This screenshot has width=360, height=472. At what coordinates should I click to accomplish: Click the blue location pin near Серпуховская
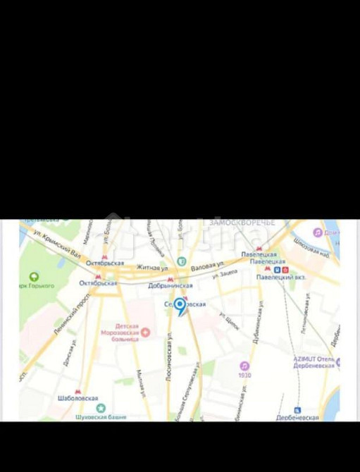click(180, 306)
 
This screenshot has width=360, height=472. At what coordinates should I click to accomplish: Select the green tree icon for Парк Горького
click(33, 278)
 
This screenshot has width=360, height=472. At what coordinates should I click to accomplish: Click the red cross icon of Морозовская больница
click(146, 332)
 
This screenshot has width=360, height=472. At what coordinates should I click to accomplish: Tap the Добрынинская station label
click(170, 286)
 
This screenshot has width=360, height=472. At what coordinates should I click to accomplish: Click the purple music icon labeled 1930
click(244, 366)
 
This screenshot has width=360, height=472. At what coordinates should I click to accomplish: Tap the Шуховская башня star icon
click(100, 408)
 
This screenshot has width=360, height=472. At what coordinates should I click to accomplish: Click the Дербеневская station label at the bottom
click(298, 418)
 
